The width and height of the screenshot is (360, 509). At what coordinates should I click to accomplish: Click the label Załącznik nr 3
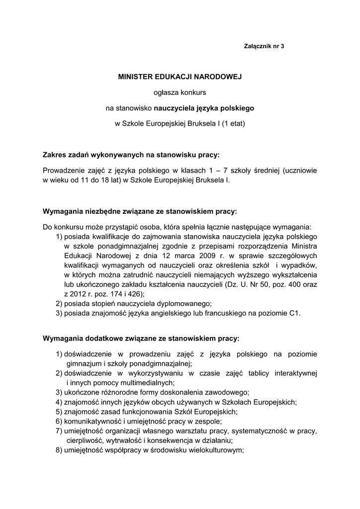(264, 46)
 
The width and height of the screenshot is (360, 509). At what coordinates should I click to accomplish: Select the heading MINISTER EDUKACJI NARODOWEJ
(180, 78)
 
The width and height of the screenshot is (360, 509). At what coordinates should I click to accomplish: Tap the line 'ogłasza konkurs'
(180, 92)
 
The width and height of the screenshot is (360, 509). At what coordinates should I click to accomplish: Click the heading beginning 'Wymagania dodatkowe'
(141, 338)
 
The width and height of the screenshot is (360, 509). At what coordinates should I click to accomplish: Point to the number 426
(126, 293)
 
